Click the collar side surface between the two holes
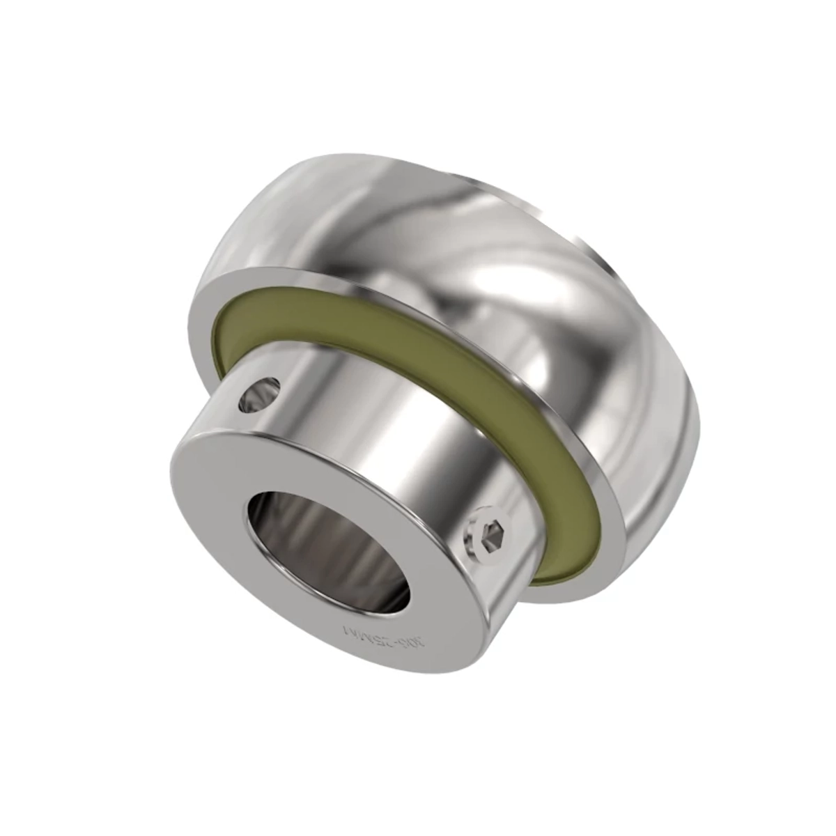click(x=390, y=446)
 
